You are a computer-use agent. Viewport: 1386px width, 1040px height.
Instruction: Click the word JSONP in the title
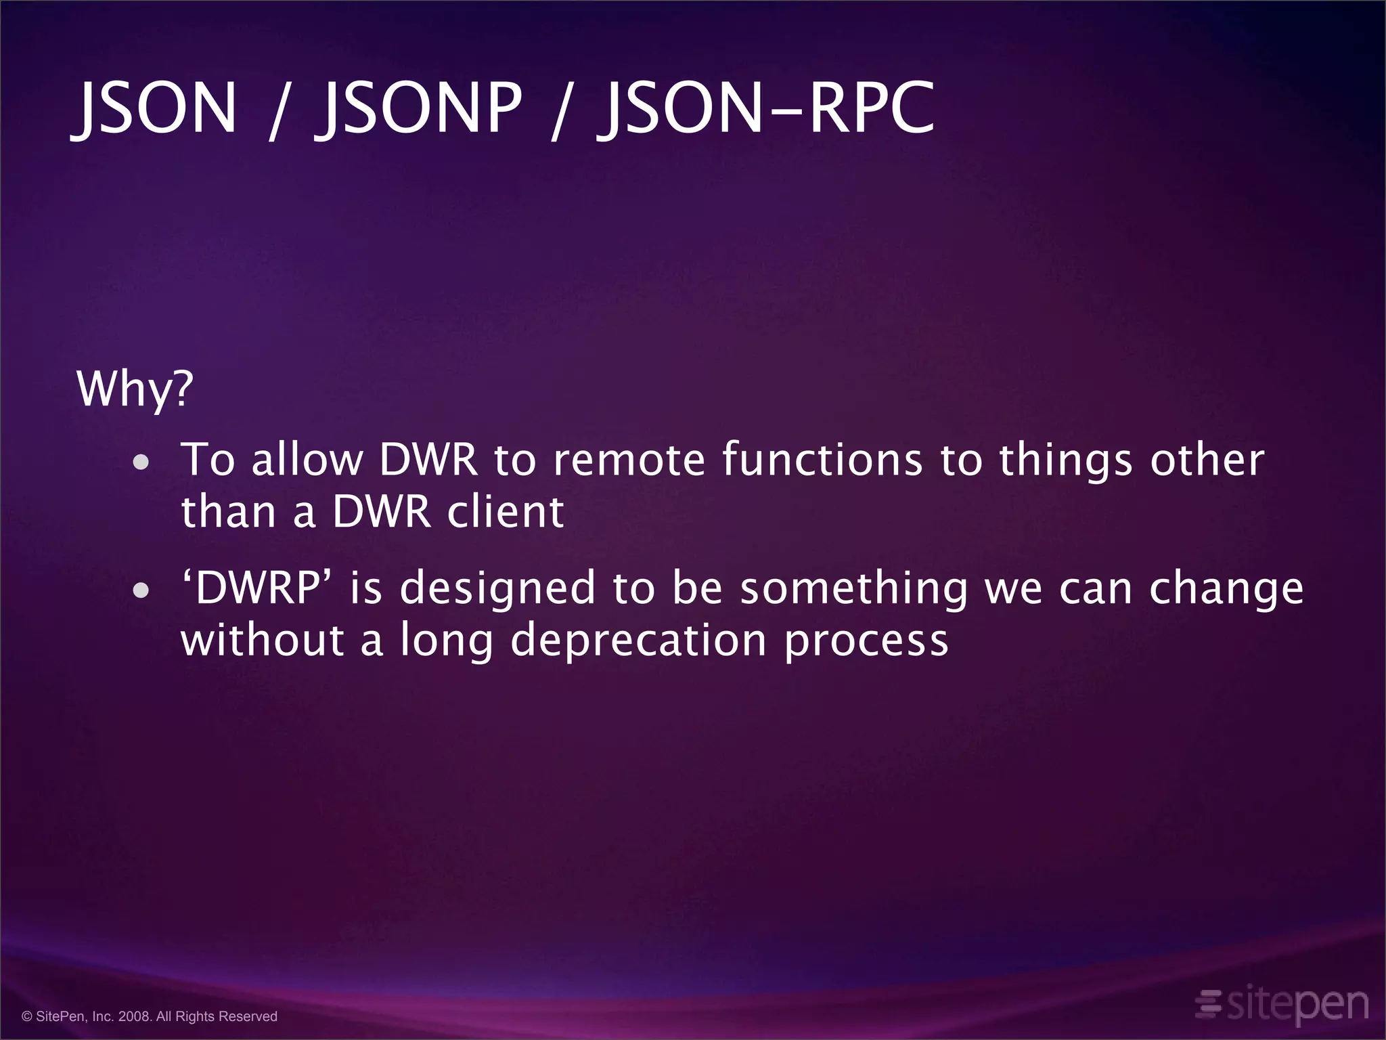pyautogui.click(x=420, y=108)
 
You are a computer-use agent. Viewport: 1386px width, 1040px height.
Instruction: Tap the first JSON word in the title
pyautogui.click(x=156, y=108)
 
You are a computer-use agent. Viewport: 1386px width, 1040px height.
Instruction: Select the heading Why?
pyautogui.click(x=135, y=389)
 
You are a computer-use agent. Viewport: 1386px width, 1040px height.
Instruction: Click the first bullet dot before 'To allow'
pyautogui.click(x=141, y=463)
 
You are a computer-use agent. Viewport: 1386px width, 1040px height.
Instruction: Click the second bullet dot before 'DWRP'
pyautogui.click(x=141, y=590)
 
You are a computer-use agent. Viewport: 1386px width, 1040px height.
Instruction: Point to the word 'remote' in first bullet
pyautogui.click(x=629, y=460)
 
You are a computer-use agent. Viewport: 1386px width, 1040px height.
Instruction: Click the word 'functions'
pyautogui.click(x=822, y=460)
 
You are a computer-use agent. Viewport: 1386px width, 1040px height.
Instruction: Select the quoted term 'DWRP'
pyautogui.click(x=257, y=588)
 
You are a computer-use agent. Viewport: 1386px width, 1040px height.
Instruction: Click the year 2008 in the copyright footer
pyautogui.click(x=135, y=1016)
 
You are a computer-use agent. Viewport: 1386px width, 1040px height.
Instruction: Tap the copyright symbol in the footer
pyautogui.click(x=27, y=1016)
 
